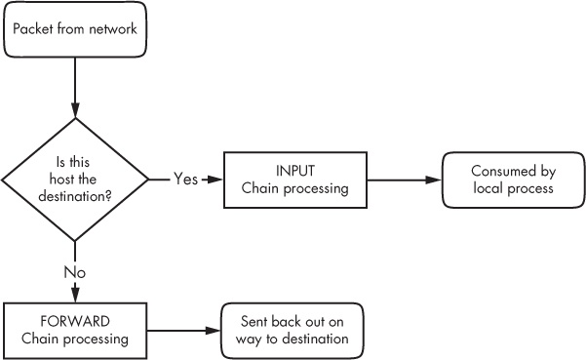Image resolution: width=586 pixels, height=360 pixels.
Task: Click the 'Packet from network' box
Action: coord(74,28)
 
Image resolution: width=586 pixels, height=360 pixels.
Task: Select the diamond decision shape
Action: coord(74,180)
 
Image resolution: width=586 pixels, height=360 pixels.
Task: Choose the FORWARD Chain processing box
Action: coord(74,330)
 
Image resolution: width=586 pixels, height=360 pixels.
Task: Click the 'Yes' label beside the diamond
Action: coord(186,180)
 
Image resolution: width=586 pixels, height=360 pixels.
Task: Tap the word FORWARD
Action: coord(75,321)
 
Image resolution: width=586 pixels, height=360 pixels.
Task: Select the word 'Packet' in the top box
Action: coord(34,28)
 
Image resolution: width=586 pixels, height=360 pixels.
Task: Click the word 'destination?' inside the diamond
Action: coord(76,195)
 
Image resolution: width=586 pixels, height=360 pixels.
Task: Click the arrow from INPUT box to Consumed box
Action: coord(404,180)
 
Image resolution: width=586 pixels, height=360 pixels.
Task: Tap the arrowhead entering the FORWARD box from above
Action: coord(74,296)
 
